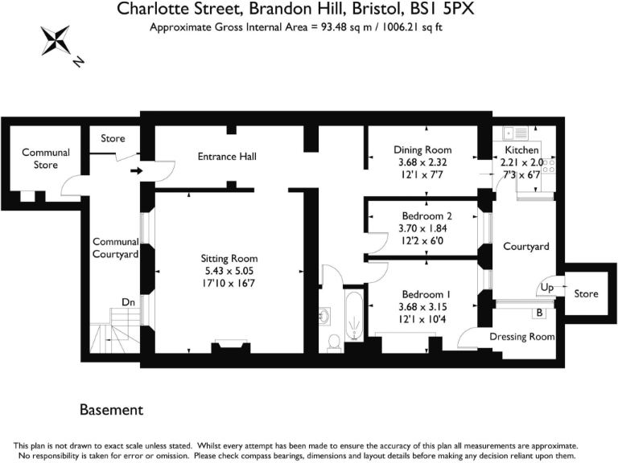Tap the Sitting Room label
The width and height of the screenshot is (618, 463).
229,258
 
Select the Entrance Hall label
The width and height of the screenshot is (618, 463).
227,156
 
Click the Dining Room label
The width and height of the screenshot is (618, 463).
422,150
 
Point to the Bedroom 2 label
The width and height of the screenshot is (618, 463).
426,216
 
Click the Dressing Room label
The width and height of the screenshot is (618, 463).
522,336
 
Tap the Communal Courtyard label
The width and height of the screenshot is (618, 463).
116,248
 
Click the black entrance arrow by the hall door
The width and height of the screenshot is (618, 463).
136,170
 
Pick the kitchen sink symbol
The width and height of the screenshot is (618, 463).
512,133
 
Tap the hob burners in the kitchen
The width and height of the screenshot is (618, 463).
550,165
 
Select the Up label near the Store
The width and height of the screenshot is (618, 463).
546,287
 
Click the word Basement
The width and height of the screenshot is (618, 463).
111,410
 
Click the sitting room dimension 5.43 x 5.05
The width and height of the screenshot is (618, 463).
229,272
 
